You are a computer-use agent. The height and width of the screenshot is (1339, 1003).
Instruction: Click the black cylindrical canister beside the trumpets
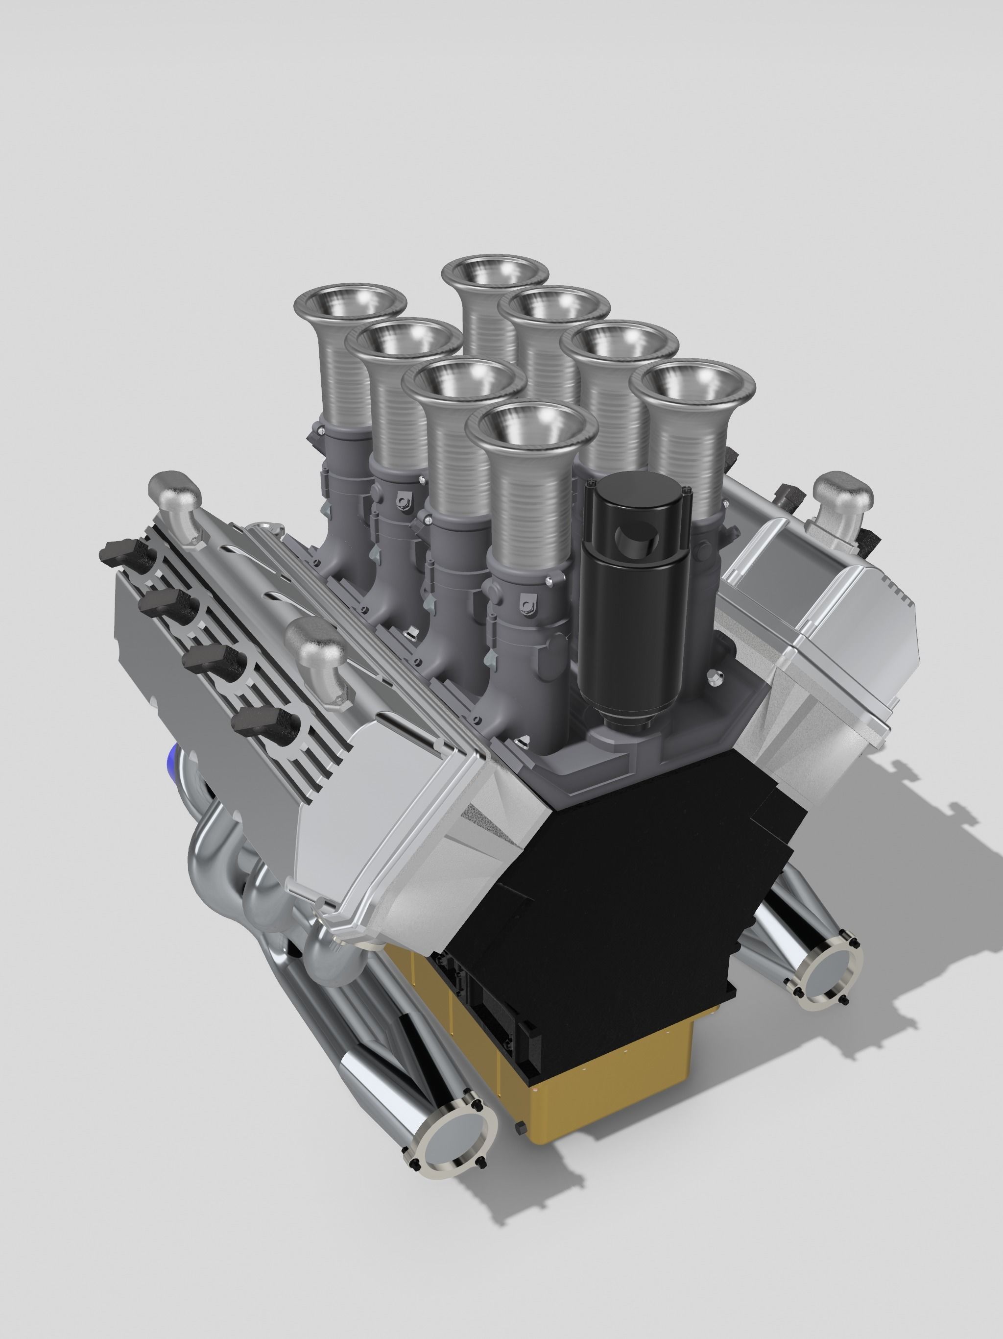tap(632, 605)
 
